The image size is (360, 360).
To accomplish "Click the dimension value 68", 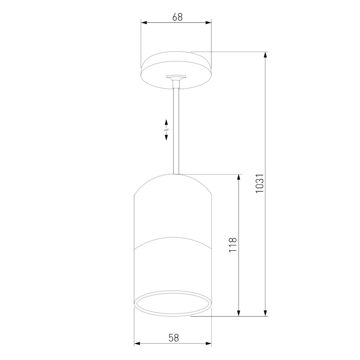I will pos(177,17).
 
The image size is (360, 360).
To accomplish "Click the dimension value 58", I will pos(173,338).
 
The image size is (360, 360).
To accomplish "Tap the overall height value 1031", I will pos(259,183).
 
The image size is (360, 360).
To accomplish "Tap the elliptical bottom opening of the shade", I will pos(173,302).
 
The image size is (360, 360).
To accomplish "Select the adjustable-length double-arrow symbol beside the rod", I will pos(166,130).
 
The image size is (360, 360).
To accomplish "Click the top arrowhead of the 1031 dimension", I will pos(265,55).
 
